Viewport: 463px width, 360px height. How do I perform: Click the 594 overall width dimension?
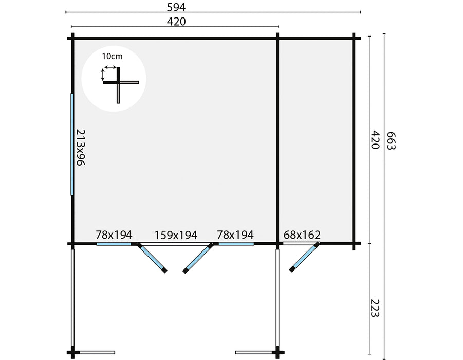(x=176, y=7)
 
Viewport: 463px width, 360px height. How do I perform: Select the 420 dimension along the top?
(x=176, y=22)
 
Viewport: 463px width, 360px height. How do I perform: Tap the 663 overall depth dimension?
(x=391, y=141)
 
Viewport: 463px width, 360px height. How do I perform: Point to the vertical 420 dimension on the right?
(x=375, y=139)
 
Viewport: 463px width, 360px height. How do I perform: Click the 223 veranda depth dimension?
(x=375, y=308)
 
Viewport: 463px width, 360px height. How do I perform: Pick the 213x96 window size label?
(x=81, y=147)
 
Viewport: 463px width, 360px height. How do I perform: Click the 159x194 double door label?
(x=176, y=235)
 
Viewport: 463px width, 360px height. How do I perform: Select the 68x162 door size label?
(x=302, y=235)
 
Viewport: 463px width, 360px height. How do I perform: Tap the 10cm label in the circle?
(x=112, y=56)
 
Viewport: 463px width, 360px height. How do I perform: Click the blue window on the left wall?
(x=72, y=144)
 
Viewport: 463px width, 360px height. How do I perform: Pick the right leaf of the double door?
(x=198, y=258)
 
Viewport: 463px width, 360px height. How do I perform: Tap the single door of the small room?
(x=304, y=257)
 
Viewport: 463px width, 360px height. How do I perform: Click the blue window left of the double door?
(x=114, y=244)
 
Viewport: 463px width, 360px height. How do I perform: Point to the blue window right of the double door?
(x=236, y=244)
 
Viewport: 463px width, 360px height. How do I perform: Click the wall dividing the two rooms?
(x=277, y=141)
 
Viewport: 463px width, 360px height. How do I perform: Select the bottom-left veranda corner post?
(x=72, y=352)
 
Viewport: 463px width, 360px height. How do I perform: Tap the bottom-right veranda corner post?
(x=277, y=352)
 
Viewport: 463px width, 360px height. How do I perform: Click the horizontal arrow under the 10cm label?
(x=110, y=67)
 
